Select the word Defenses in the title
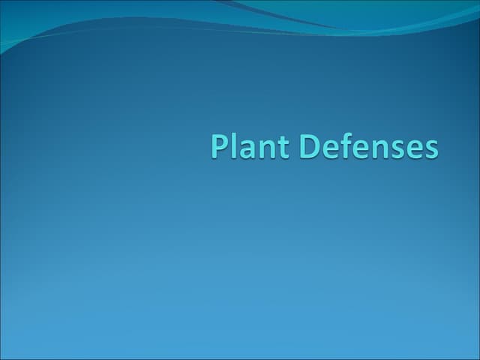tap(369, 146)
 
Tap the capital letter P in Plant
tap(219, 146)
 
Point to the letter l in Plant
tap(234, 145)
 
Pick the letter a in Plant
tap(246, 149)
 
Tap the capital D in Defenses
tap(311, 146)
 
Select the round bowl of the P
tap(223, 142)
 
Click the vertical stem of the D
tap(304, 146)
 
